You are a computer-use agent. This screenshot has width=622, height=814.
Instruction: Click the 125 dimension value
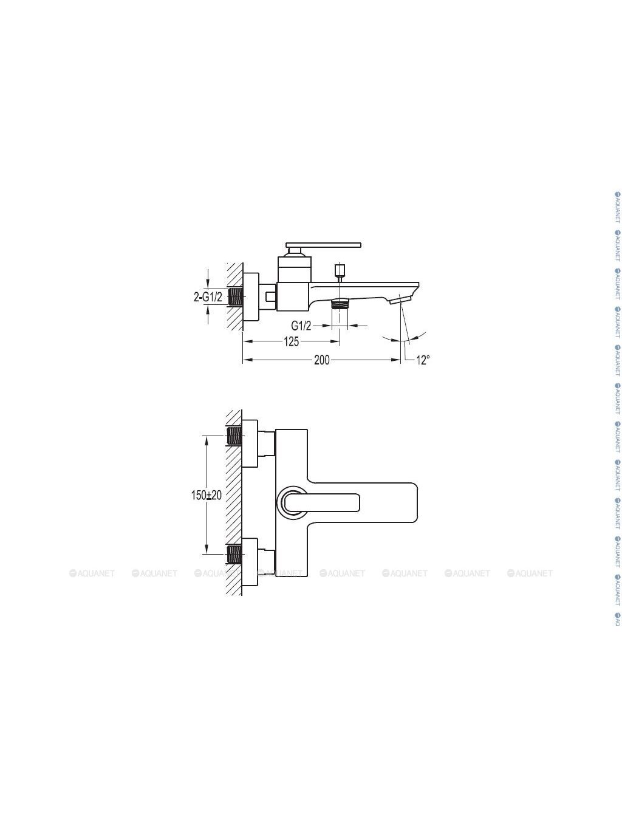(291, 341)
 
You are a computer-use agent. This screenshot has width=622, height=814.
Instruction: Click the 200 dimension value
(321, 360)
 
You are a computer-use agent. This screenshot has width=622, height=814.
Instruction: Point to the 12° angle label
(423, 360)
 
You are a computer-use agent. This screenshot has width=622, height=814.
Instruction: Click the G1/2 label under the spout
(301, 326)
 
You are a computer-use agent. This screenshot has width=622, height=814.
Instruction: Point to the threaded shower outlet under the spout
(340, 303)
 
